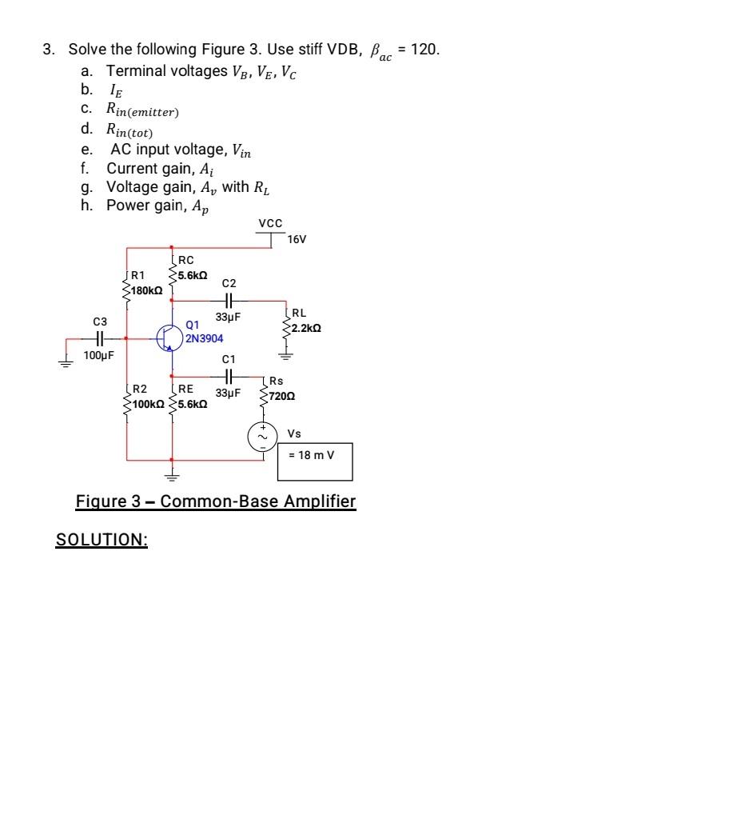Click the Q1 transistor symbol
[x=168, y=337]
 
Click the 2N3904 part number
[x=204, y=338]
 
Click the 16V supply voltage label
[x=297, y=239]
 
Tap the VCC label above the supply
[x=270, y=223]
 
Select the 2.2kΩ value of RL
[x=307, y=329]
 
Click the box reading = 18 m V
[x=314, y=461]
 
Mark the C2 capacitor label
[x=229, y=284]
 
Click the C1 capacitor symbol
[x=228, y=375]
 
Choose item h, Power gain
[x=148, y=205]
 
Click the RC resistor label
[x=186, y=260]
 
